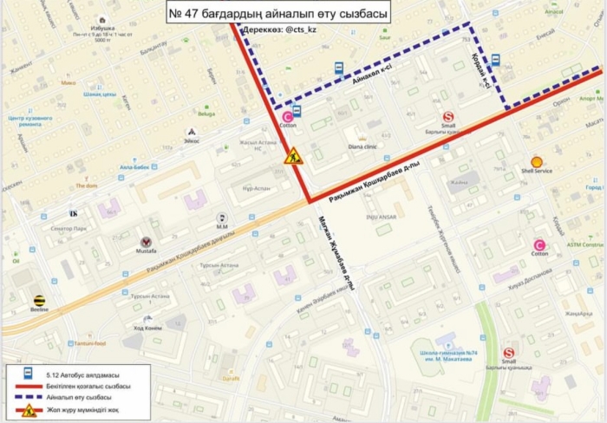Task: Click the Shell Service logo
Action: coord(537,161)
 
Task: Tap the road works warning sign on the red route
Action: coord(293,157)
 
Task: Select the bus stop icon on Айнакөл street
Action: coord(337,68)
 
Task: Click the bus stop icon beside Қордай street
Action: coord(495,60)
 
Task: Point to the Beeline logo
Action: coord(39,301)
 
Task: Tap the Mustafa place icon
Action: coord(146,242)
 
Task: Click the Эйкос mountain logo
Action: coord(191,132)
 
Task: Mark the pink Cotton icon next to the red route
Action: coord(287,116)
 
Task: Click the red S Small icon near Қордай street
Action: coord(448,116)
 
